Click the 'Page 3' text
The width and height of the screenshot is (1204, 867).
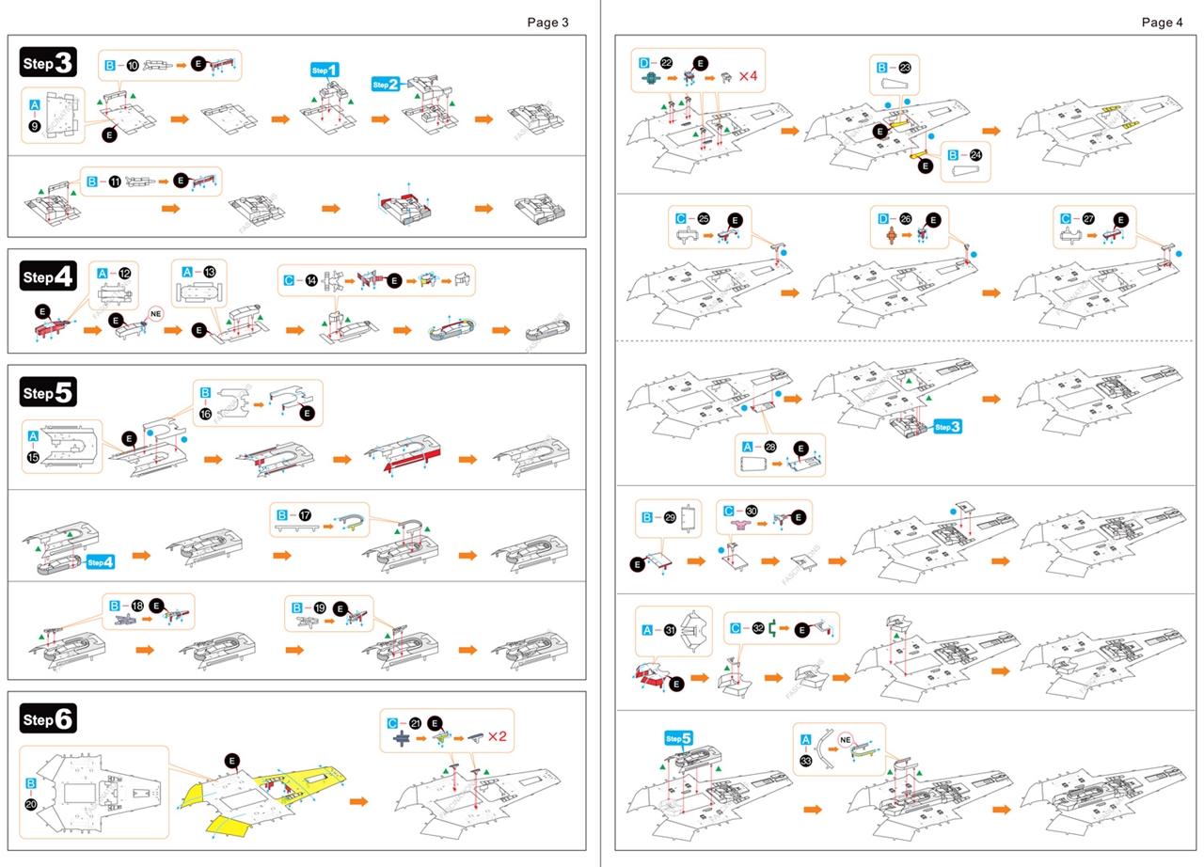547,23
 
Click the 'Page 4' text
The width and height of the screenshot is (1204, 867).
1162,23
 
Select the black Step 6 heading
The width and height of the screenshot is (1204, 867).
47,719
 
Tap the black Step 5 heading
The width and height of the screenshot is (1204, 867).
47,393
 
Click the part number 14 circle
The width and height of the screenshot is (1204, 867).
310,280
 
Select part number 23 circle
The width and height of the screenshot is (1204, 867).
905,68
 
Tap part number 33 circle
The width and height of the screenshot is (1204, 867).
806,760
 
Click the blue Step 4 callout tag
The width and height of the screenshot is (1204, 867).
100,562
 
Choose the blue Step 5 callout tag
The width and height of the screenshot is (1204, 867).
679,738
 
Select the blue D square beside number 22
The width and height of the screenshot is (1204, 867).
644,63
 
